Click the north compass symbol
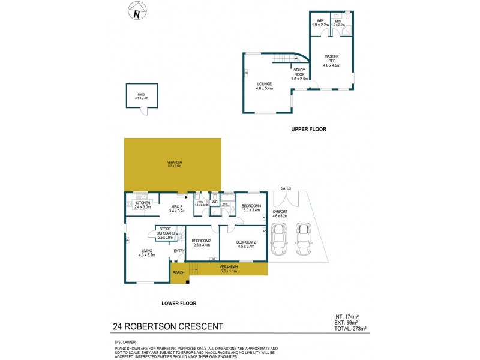point(137,12)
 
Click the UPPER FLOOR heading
point(308,129)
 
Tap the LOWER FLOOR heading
point(178,304)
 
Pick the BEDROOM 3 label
point(202,242)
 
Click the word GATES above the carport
point(286,188)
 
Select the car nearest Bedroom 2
point(278,238)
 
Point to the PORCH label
point(178,273)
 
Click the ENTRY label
point(179,251)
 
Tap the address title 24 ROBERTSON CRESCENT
point(168,327)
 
